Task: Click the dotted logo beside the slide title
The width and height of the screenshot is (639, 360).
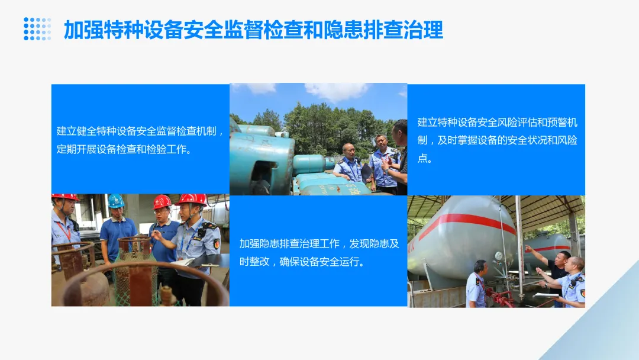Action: (37, 29)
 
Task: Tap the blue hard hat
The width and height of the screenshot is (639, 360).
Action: (116, 201)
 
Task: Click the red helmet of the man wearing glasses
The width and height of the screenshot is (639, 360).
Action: (162, 202)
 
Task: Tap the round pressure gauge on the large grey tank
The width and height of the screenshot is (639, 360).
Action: (498, 255)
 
